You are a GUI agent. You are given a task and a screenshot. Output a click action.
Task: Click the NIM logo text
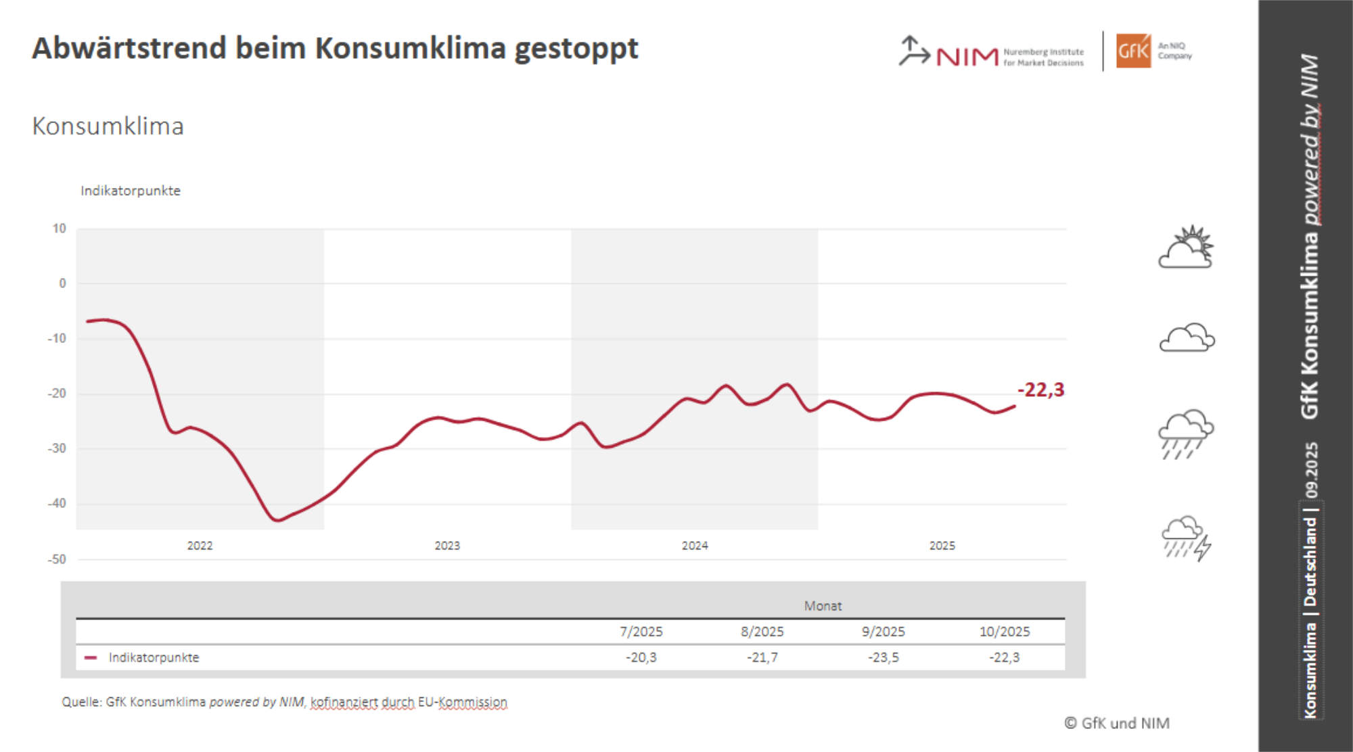(967, 57)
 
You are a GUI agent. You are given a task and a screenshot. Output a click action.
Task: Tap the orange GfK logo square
(1133, 51)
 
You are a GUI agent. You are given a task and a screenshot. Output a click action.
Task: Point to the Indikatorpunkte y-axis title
(131, 191)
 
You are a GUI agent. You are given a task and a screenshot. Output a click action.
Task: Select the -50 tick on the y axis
(57, 559)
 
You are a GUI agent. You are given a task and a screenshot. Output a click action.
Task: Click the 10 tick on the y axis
(60, 229)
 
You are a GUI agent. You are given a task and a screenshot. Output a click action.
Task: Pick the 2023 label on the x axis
(447, 546)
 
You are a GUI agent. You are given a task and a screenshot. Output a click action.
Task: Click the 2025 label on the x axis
(942, 546)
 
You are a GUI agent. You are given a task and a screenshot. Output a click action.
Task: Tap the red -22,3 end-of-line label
(1040, 390)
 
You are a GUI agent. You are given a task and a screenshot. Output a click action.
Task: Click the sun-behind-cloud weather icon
(1187, 248)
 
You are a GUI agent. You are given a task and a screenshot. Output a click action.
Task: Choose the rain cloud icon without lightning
(1186, 433)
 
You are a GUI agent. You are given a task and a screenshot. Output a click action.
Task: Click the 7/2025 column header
(641, 632)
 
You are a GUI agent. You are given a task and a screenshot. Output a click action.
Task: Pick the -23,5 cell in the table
(884, 657)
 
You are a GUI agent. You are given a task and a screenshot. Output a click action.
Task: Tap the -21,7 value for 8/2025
(762, 657)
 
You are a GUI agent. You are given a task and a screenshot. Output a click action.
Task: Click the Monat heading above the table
(823, 606)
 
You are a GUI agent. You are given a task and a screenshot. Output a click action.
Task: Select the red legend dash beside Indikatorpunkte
(91, 657)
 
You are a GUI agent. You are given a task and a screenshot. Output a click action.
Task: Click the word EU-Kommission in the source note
(462, 702)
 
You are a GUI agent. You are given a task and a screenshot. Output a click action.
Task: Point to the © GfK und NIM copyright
(1117, 724)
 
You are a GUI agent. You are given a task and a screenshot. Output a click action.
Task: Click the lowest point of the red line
(277, 520)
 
